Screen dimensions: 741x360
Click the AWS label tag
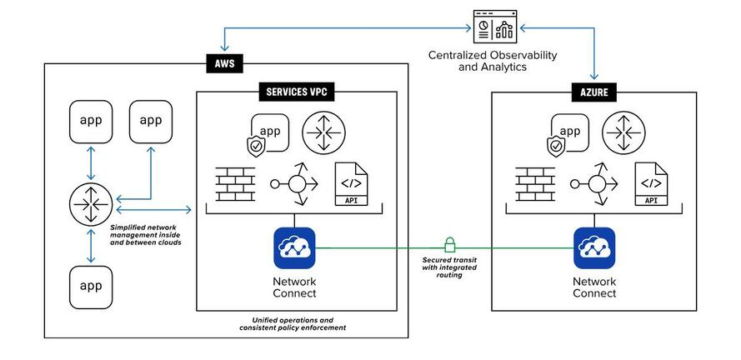(224, 64)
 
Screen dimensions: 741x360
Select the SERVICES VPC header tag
(296, 92)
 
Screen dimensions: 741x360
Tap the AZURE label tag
(594, 92)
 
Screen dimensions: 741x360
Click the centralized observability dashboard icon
(495, 27)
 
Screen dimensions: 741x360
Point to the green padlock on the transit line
(449, 245)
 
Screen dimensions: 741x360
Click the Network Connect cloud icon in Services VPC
(294, 248)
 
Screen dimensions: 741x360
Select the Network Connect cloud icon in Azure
(594, 248)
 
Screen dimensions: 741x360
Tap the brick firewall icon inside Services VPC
(235, 184)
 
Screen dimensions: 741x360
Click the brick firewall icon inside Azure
(535, 184)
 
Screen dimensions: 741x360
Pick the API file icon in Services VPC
(351, 184)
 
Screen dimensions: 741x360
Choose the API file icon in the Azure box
(651, 184)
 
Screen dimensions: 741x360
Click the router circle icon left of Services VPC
(91, 204)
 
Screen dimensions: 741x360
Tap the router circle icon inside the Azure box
(623, 132)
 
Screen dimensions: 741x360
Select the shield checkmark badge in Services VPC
(256, 147)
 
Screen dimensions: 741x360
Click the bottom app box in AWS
(91, 287)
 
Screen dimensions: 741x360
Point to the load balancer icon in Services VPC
(294, 184)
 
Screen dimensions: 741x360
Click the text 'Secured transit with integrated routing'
(449, 267)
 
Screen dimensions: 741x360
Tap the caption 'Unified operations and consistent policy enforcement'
(293, 323)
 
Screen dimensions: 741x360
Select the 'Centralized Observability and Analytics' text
(493, 61)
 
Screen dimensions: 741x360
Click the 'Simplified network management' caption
(145, 235)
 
